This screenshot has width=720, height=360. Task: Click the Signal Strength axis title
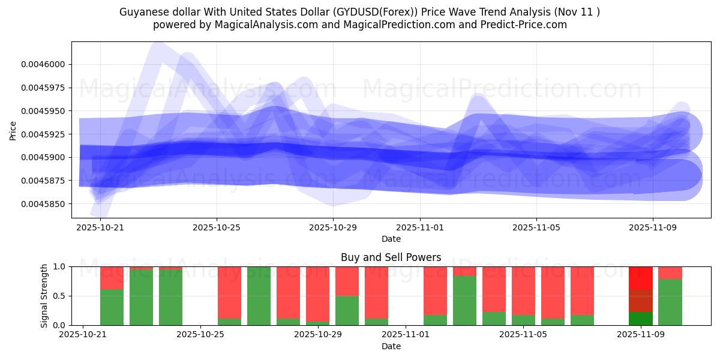(x=44, y=296)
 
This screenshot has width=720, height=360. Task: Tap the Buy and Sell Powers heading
(x=391, y=257)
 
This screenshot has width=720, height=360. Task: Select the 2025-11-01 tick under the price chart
(x=420, y=227)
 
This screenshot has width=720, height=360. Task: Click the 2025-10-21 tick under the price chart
(x=100, y=227)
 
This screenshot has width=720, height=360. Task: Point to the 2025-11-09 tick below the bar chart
(x=641, y=335)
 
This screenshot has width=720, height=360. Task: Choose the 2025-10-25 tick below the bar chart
(x=200, y=335)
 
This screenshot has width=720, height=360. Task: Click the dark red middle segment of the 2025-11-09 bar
(x=641, y=301)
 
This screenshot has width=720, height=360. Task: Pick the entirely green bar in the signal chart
(x=259, y=296)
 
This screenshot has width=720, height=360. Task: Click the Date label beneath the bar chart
(x=391, y=346)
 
